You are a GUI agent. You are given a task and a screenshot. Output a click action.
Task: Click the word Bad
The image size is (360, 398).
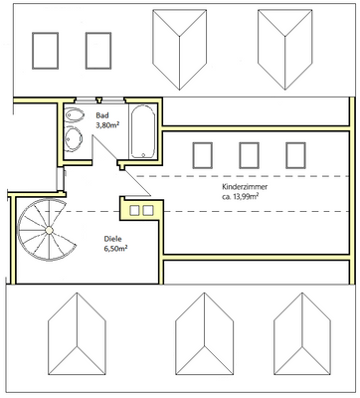pyautogui.click(x=102, y=115)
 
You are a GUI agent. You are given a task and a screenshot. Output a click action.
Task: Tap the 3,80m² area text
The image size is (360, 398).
pyautogui.click(x=107, y=125)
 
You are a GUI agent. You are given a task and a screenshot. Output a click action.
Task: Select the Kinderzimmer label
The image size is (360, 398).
pyautogui.click(x=245, y=187)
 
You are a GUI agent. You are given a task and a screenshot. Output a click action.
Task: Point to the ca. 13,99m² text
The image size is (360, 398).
pyautogui.click(x=241, y=197)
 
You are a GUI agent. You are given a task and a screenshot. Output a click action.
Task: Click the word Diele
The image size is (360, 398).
pyautogui.click(x=113, y=239)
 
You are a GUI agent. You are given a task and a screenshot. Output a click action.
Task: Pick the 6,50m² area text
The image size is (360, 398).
pyautogui.click(x=116, y=249)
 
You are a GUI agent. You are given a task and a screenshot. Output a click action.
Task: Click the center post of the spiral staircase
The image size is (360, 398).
pyautogui.click(x=49, y=230)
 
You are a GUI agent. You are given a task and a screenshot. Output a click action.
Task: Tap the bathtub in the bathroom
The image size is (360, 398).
pyautogui.click(x=143, y=131)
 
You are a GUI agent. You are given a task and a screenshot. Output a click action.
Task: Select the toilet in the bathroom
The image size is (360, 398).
pyautogui.click(x=74, y=115)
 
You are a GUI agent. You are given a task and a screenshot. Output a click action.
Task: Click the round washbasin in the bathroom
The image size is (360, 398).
pyautogui.click(x=74, y=138)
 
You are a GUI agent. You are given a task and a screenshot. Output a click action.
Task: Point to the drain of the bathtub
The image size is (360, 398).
pyautogui.click(x=143, y=154)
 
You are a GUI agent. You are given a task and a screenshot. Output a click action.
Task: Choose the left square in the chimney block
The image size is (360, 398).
pyautogui.click(x=134, y=210)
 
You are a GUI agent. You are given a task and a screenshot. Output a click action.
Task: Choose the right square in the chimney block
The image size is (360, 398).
pyautogui.click(x=148, y=210)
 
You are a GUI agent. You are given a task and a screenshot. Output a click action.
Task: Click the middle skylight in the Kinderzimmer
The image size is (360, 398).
pyautogui.click(x=249, y=155)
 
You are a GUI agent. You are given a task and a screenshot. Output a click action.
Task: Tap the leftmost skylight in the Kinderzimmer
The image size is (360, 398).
pyautogui.click(x=202, y=155)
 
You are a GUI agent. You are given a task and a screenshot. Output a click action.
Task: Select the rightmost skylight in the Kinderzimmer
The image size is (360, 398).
pyautogui.click(x=295, y=155)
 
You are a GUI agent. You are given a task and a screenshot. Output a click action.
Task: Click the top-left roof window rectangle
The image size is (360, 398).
pyautogui.click(x=45, y=51)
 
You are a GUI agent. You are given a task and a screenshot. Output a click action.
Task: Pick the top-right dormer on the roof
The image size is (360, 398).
pyautogui.click(x=285, y=50)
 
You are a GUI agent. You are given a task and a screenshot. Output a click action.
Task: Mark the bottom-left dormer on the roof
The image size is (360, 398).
pyautogui.click(x=77, y=334)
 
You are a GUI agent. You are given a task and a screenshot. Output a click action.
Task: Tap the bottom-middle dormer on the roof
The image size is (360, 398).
pyautogui.click(x=204, y=334)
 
